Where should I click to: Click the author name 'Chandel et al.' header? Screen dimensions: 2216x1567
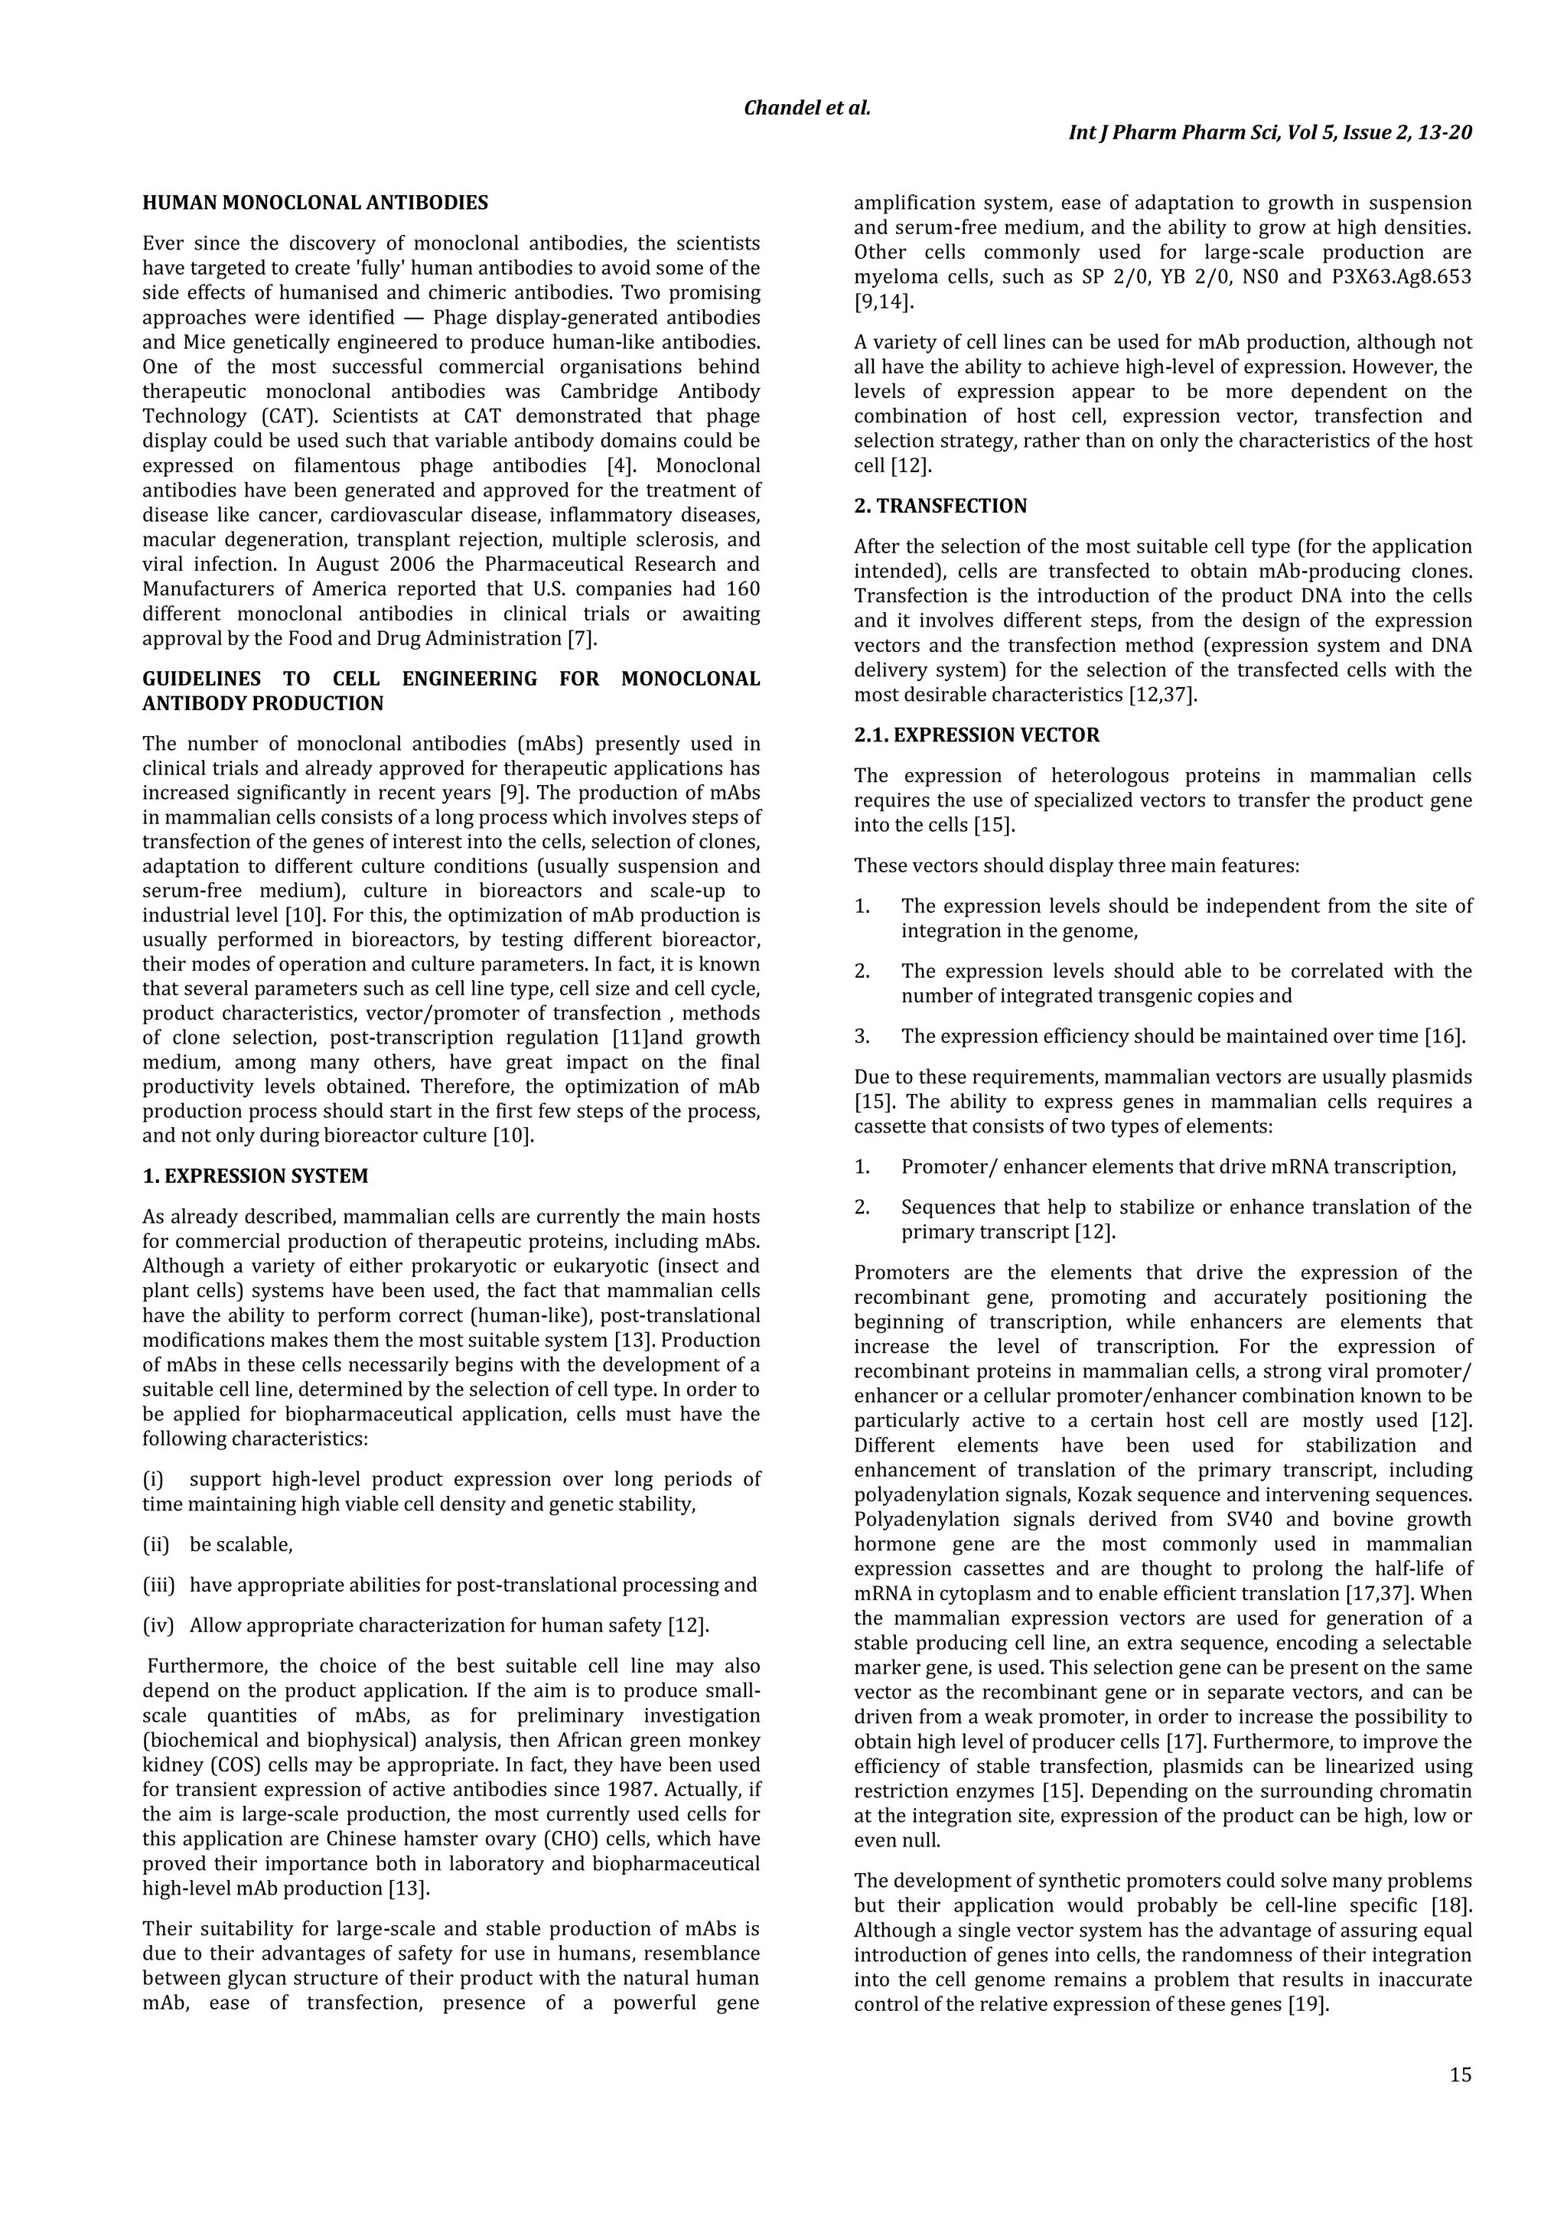[x=806, y=108]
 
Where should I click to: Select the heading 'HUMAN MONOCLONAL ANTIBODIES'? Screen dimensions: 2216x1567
[x=314, y=203]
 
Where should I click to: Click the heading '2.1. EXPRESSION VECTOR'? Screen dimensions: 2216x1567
[x=976, y=735]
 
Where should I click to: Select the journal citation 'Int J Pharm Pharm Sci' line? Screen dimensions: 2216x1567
[x=1270, y=132]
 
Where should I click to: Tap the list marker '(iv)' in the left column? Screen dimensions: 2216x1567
[x=158, y=1626]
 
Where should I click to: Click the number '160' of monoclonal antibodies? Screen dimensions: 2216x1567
[x=742, y=588]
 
